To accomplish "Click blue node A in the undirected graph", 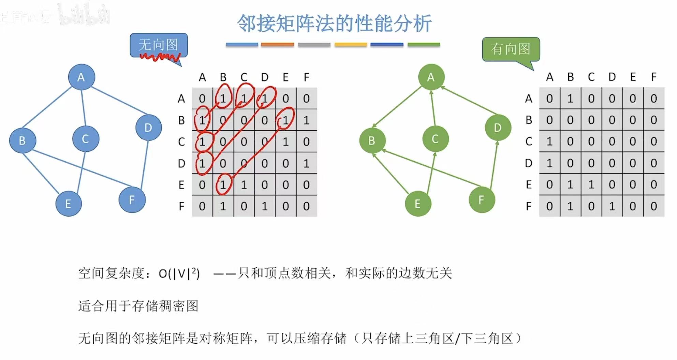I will (x=81, y=77).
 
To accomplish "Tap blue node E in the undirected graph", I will (x=68, y=204).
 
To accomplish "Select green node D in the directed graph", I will (x=498, y=127).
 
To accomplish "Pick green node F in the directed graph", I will (x=481, y=200).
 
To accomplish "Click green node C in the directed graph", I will (x=435, y=139).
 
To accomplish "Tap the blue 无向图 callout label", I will (x=159, y=45).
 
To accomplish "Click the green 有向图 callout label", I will (x=511, y=49).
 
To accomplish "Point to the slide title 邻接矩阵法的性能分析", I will (x=334, y=24).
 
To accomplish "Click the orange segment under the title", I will (x=277, y=45).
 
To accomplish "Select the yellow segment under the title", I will (x=350, y=45).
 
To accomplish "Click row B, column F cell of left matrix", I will (x=306, y=120).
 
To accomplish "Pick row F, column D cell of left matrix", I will (x=265, y=206).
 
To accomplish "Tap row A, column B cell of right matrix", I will (x=570, y=99).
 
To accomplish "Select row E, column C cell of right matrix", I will (x=591, y=184).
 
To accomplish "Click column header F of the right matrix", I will (x=653, y=77).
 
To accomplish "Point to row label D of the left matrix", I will (x=181, y=163).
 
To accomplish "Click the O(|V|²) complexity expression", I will (x=179, y=273).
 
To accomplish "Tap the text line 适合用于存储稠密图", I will (x=138, y=306).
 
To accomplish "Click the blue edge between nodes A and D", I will (x=119, y=101).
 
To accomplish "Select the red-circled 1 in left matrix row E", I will (x=223, y=184).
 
